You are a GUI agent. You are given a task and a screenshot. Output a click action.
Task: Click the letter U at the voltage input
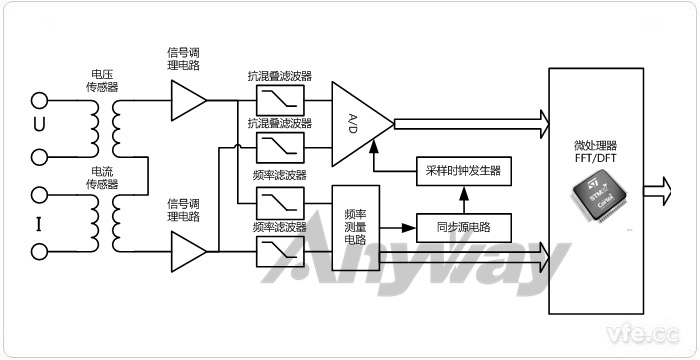tap(39, 126)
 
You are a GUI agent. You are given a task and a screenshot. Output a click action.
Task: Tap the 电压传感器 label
tap(102, 80)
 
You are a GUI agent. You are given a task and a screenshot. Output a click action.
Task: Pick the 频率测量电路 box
tap(354, 226)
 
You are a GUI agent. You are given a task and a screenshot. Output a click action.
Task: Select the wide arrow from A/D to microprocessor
tap(470, 123)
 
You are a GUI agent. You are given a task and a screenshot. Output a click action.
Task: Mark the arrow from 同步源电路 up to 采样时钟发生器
tap(462, 198)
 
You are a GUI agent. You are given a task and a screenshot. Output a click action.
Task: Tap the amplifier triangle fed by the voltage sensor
tap(187, 99)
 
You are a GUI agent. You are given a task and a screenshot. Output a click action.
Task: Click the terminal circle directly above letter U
tap(40, 99)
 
